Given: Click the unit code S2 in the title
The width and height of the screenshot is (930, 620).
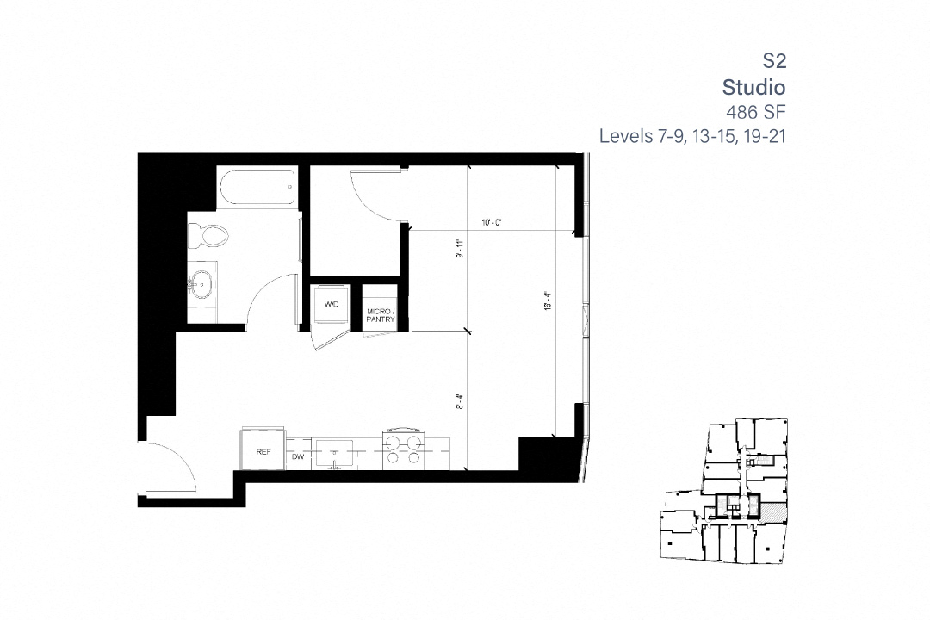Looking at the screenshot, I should pyautogui.click(x=774, y=60).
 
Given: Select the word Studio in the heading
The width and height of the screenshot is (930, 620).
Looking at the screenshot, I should pyautogui.click(x=753, y=86).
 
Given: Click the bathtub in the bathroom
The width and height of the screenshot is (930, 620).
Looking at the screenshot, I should pyautogui.click(x=257, y=188).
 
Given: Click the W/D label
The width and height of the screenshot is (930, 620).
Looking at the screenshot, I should pyautogui.click(x=331, y=306).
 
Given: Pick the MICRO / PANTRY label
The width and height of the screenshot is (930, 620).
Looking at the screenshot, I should pyautogui.click(x=381, y=315).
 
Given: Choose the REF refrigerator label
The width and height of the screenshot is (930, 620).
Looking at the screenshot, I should pyautogui.click(x=263, y=451).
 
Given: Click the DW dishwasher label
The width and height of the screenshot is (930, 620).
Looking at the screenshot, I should pyautogui.click(x=298, y=457).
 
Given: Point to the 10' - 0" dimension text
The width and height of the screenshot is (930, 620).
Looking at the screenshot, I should pyautogui.click(x=491, y=222).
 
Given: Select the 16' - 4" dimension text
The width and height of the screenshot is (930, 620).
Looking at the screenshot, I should pyautogui.click(x=548, y=307).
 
